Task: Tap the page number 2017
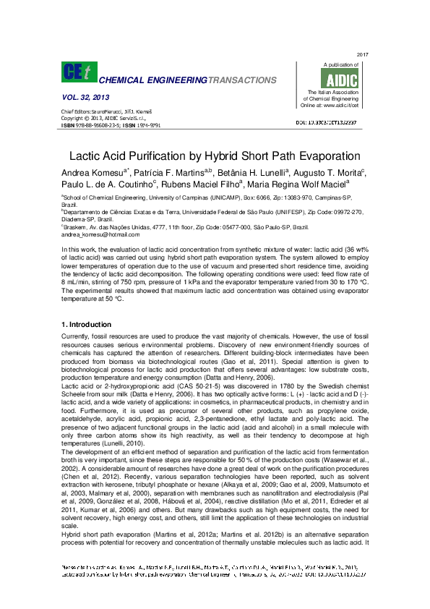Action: (363, 55)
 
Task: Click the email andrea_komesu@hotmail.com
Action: (100, 235)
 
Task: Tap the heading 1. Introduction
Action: (87, 325)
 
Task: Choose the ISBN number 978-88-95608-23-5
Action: (95, 125)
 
